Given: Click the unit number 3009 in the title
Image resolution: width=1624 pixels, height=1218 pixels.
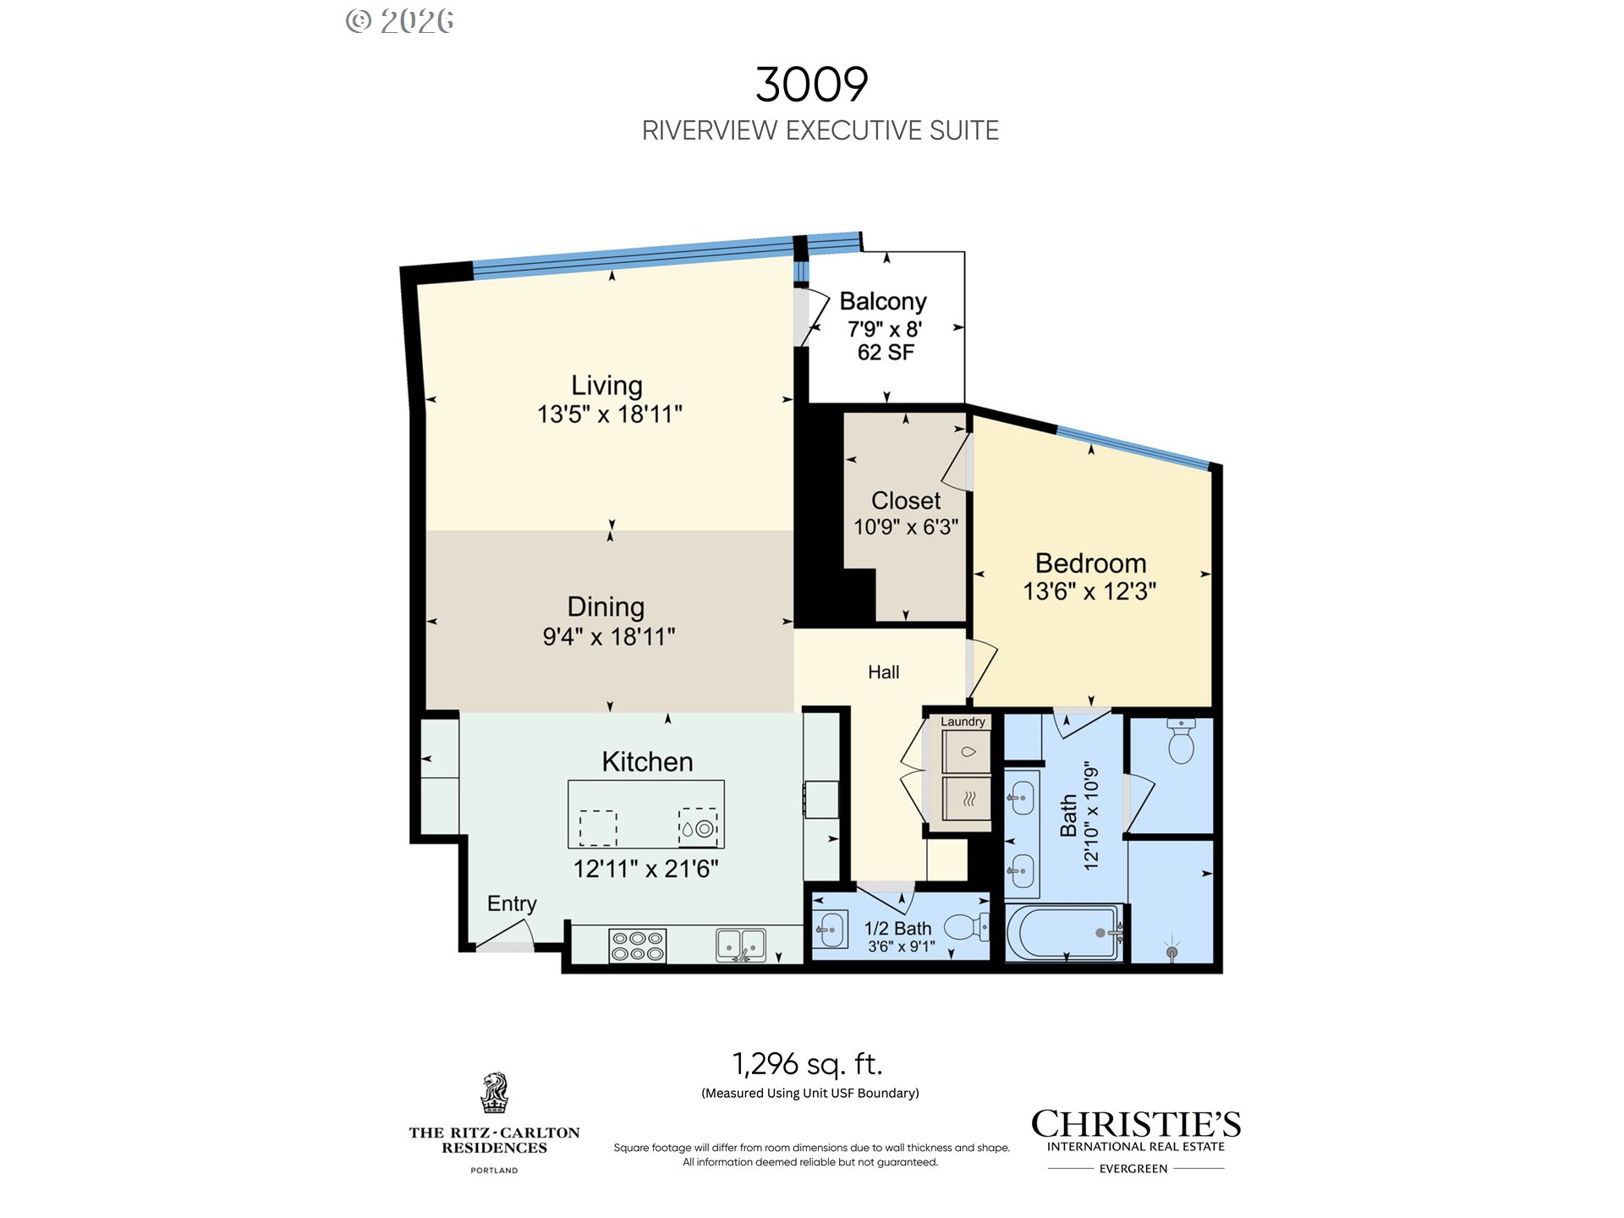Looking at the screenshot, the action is pos(812,85).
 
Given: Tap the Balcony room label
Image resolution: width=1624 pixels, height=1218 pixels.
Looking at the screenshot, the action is pos(883,302).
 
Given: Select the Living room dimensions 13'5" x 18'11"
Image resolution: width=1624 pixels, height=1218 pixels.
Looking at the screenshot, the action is pos(610,414).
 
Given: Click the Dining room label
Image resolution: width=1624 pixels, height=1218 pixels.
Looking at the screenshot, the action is pos(606,606).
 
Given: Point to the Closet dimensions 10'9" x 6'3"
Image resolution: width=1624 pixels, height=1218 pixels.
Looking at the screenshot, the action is pos(906,527).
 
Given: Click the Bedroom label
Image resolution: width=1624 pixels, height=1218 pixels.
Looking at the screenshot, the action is pos(1091,563).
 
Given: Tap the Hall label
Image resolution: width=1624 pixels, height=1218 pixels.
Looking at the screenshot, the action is pos(884,672).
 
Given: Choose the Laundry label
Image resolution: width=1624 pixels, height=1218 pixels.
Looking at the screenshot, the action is pos(963,721).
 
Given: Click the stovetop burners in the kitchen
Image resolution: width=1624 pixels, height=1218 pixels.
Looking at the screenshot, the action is pos(638,946).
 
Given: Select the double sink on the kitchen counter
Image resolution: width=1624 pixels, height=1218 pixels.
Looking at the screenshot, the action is pos(741,945).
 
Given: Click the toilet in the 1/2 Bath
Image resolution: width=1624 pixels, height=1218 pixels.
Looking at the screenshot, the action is pos(967,927).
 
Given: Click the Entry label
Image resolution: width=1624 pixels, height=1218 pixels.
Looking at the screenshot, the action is pos(512,904).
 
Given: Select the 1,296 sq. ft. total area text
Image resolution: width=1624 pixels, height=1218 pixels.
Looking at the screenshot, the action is pos(807,1064).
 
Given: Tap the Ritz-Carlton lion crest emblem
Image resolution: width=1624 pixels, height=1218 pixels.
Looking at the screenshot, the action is pos(495,1094).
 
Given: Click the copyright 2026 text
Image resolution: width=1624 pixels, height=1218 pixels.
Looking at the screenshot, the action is pos(400,21).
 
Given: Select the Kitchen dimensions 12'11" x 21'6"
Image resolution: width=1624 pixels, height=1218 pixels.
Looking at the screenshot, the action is pos(646,869).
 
